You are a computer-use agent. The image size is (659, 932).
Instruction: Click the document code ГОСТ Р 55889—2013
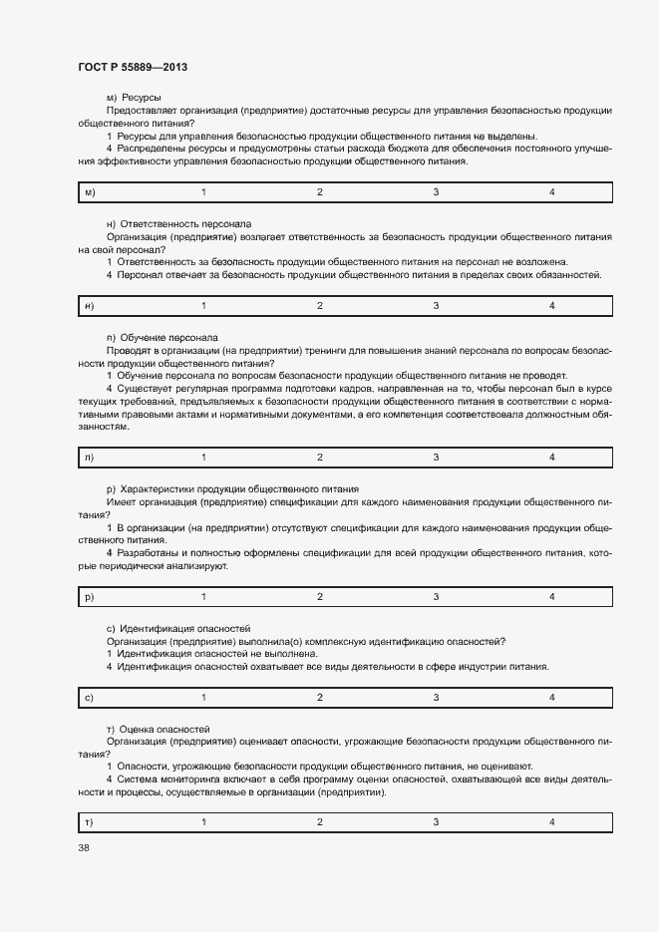[x=132, y=67]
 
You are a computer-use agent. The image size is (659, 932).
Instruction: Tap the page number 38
[x=83, y=847]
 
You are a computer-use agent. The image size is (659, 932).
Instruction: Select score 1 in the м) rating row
[x=204, y=191]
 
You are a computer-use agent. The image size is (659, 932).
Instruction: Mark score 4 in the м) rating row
[x=552, y=191]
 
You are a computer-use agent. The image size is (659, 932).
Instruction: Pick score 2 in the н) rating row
[x=320, y=305]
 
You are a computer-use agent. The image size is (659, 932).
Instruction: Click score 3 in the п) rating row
[x=436, y=457]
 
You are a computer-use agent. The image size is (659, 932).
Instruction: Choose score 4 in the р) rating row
[x=552, y=596]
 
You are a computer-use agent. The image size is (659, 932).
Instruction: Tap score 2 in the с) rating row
[x=320, y=697]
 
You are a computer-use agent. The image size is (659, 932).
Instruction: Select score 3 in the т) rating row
[x=436, y=821]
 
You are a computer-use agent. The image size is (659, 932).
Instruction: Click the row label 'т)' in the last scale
[x=90, y=821]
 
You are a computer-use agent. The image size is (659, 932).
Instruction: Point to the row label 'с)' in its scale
[x=90, y=697]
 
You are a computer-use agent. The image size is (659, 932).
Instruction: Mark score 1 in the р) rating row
[x=204, y=596]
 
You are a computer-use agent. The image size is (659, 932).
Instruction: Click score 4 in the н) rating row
[x=552, y=305]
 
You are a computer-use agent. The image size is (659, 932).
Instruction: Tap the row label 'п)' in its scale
[x=90, y=457]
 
